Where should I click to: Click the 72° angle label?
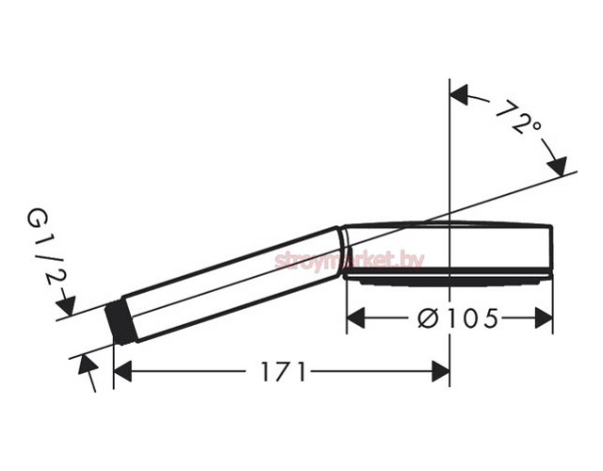[518, 116]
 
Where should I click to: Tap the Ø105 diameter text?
[458, 318]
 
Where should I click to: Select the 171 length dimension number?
[284, 371]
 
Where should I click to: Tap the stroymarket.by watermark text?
[350, 262]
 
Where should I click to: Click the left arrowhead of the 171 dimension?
[122, 371]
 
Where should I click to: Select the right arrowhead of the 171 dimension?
[441, 371]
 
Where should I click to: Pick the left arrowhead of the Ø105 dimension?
[356, 318]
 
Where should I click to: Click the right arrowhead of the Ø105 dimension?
[544, 318]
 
